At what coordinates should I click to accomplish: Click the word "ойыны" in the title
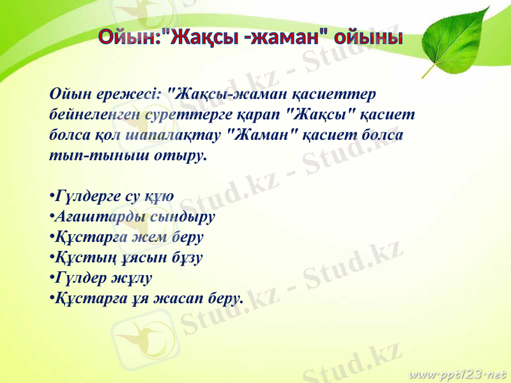click(370, 37)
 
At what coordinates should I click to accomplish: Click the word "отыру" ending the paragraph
click(181, 156)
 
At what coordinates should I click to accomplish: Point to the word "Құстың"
click(79, 257)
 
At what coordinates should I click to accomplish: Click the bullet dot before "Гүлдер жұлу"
click(51, 278)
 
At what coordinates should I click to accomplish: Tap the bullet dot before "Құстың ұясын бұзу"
click(51, 258)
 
